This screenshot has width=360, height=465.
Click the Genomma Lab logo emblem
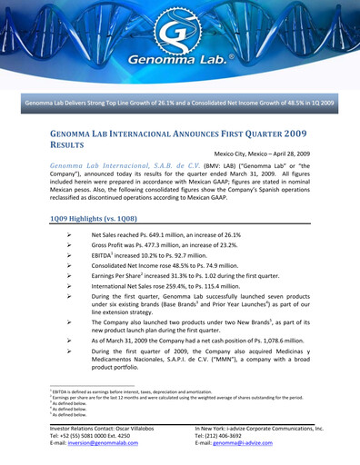point(180,39)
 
